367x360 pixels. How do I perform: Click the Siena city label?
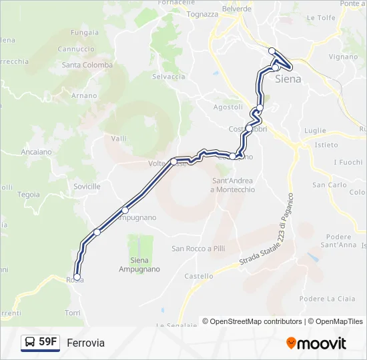click(288, 79)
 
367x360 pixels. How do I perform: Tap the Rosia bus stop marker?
click(77, 277)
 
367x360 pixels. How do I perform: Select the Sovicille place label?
click(87, 186)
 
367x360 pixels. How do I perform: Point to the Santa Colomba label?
click(87, 65)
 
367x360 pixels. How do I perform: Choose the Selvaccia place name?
click(168, 77)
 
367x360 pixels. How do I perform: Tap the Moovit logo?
click(316, 343)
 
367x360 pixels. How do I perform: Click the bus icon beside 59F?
click(30, 343)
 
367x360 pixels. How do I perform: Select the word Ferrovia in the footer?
click(85, 343)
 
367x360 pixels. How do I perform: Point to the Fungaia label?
click(84, 32)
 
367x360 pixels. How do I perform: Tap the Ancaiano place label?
click(36, 152)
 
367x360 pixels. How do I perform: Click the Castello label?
click(199, 276)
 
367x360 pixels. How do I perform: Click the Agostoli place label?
click(228, 107)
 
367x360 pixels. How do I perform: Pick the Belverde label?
click(236, 9)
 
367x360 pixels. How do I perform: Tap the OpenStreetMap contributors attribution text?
click(256, 321)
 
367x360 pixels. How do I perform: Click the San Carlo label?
click(329, 185)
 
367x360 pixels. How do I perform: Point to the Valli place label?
click(119, 138)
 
